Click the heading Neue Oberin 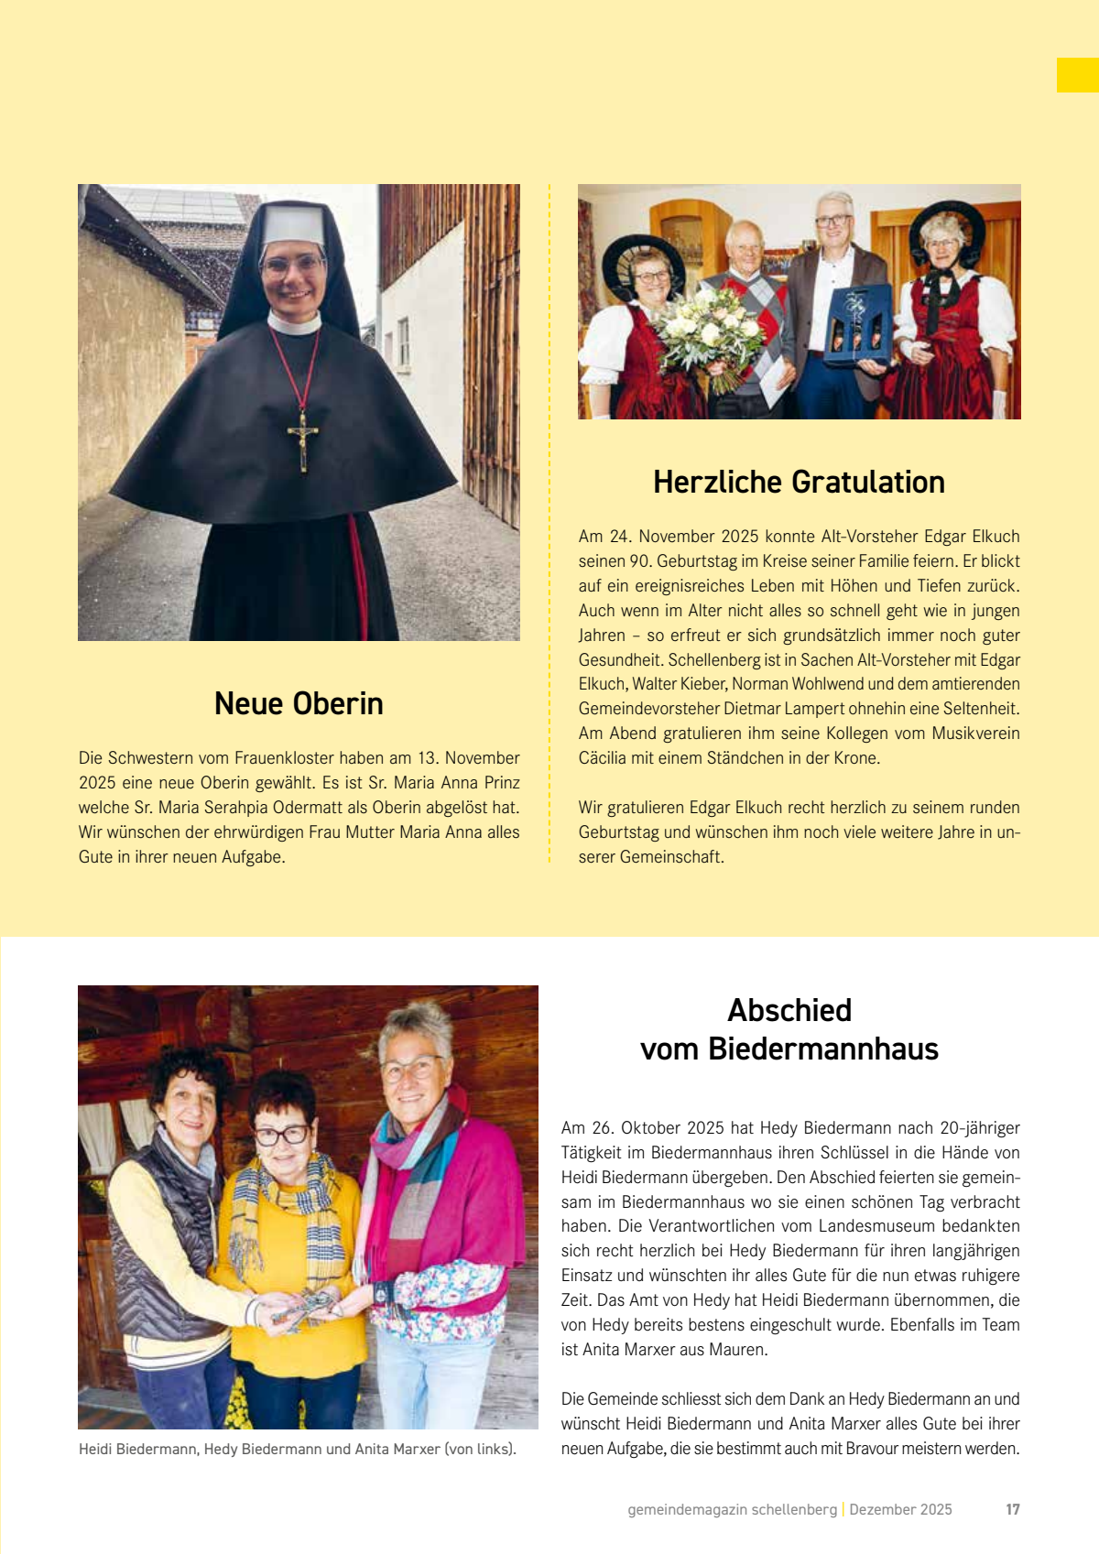299,703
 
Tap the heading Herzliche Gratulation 799,482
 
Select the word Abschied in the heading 789,1010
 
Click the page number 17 1012,1509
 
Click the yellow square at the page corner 1077,75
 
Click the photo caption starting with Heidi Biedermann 298,1449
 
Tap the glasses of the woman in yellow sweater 282,1135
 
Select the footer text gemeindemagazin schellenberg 732,1509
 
